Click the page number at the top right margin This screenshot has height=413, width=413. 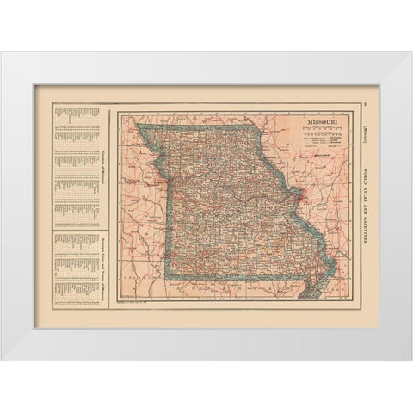point(364,104)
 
